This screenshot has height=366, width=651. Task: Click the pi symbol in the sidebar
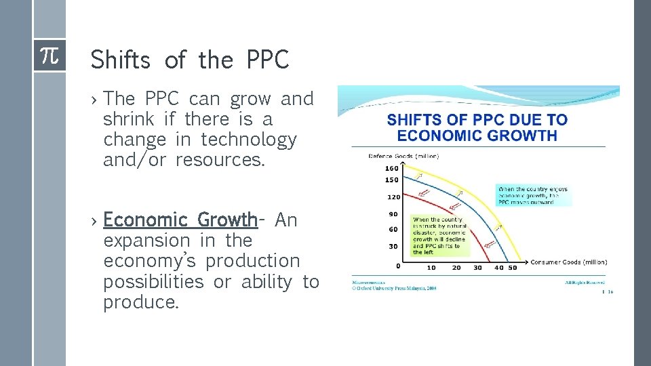[x=50, y=56]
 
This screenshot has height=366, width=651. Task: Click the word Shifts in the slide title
[x=120, y=60]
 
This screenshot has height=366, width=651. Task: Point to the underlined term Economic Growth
[x=180, y=220]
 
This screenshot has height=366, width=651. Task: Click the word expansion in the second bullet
[x=146, y=241]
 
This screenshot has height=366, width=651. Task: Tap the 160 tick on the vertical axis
[x=392, y=168]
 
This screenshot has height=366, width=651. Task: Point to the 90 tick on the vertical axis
[x=393, y=215]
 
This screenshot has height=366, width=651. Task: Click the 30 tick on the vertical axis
[x=393, y=246]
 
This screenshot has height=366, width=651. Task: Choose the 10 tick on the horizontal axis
[x=431, y=268]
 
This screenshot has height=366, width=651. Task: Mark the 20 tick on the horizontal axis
[x=456, y=268]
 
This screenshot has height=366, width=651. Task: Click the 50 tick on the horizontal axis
[x=512, y=268]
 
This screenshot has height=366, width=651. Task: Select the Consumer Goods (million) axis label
[x=568, y=262]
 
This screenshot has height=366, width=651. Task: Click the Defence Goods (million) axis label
[x=403, y=157]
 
